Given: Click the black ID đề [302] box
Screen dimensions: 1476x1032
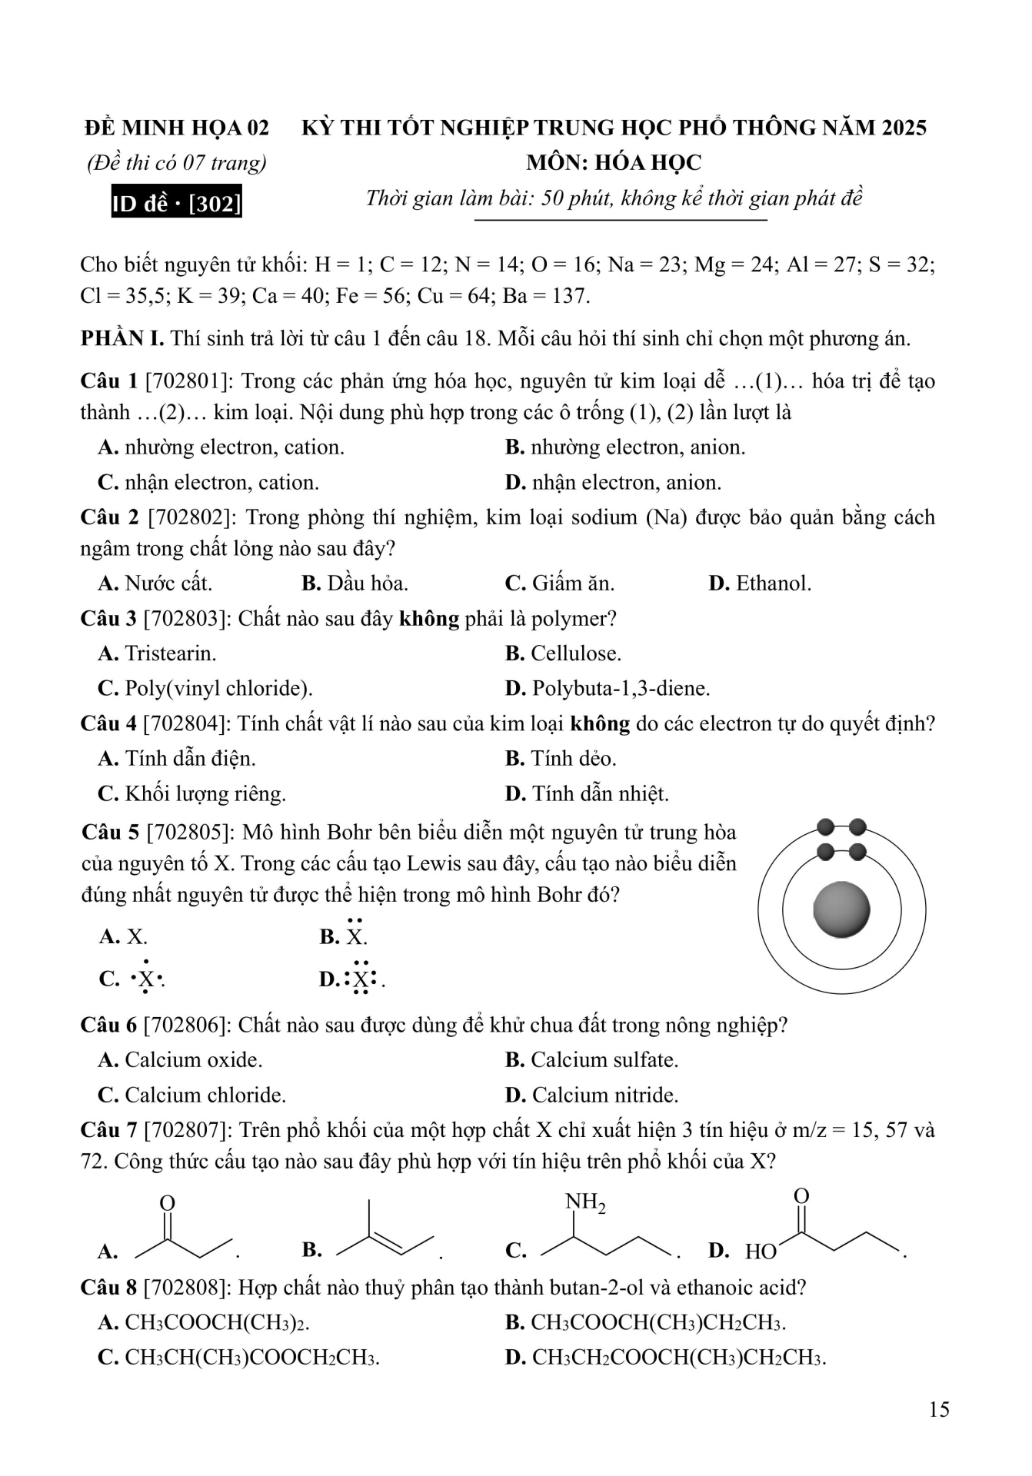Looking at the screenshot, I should click(176, 203).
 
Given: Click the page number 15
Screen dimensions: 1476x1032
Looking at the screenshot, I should click(939, 1409).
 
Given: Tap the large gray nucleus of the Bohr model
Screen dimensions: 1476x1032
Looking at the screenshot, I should click(841, 909).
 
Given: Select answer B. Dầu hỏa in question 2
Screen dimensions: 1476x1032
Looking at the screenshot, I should click(355, 583).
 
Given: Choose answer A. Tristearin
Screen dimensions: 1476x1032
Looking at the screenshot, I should click(158, 653).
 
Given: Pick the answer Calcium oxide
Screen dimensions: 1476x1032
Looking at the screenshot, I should click(181, 1060).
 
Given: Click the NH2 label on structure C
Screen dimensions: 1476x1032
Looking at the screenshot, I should click(585, 1202).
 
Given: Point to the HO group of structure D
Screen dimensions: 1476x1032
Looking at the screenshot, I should click(760, 1252).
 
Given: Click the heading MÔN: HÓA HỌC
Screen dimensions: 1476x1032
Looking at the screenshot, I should click(614, 163).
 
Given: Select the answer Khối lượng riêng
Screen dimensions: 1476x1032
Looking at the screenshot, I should click(192, 793).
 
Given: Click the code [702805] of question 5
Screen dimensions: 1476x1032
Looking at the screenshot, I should click(190, 833).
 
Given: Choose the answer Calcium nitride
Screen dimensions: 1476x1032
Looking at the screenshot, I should click(592, 1095).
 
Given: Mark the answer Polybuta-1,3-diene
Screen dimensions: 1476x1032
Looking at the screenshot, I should click(608, 688).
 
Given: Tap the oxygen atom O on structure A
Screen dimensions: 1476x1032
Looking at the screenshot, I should click(167, 1203).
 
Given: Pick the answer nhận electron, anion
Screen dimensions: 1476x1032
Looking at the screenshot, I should click(614, 483).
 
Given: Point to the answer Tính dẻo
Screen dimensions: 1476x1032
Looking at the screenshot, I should click(561, 759).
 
